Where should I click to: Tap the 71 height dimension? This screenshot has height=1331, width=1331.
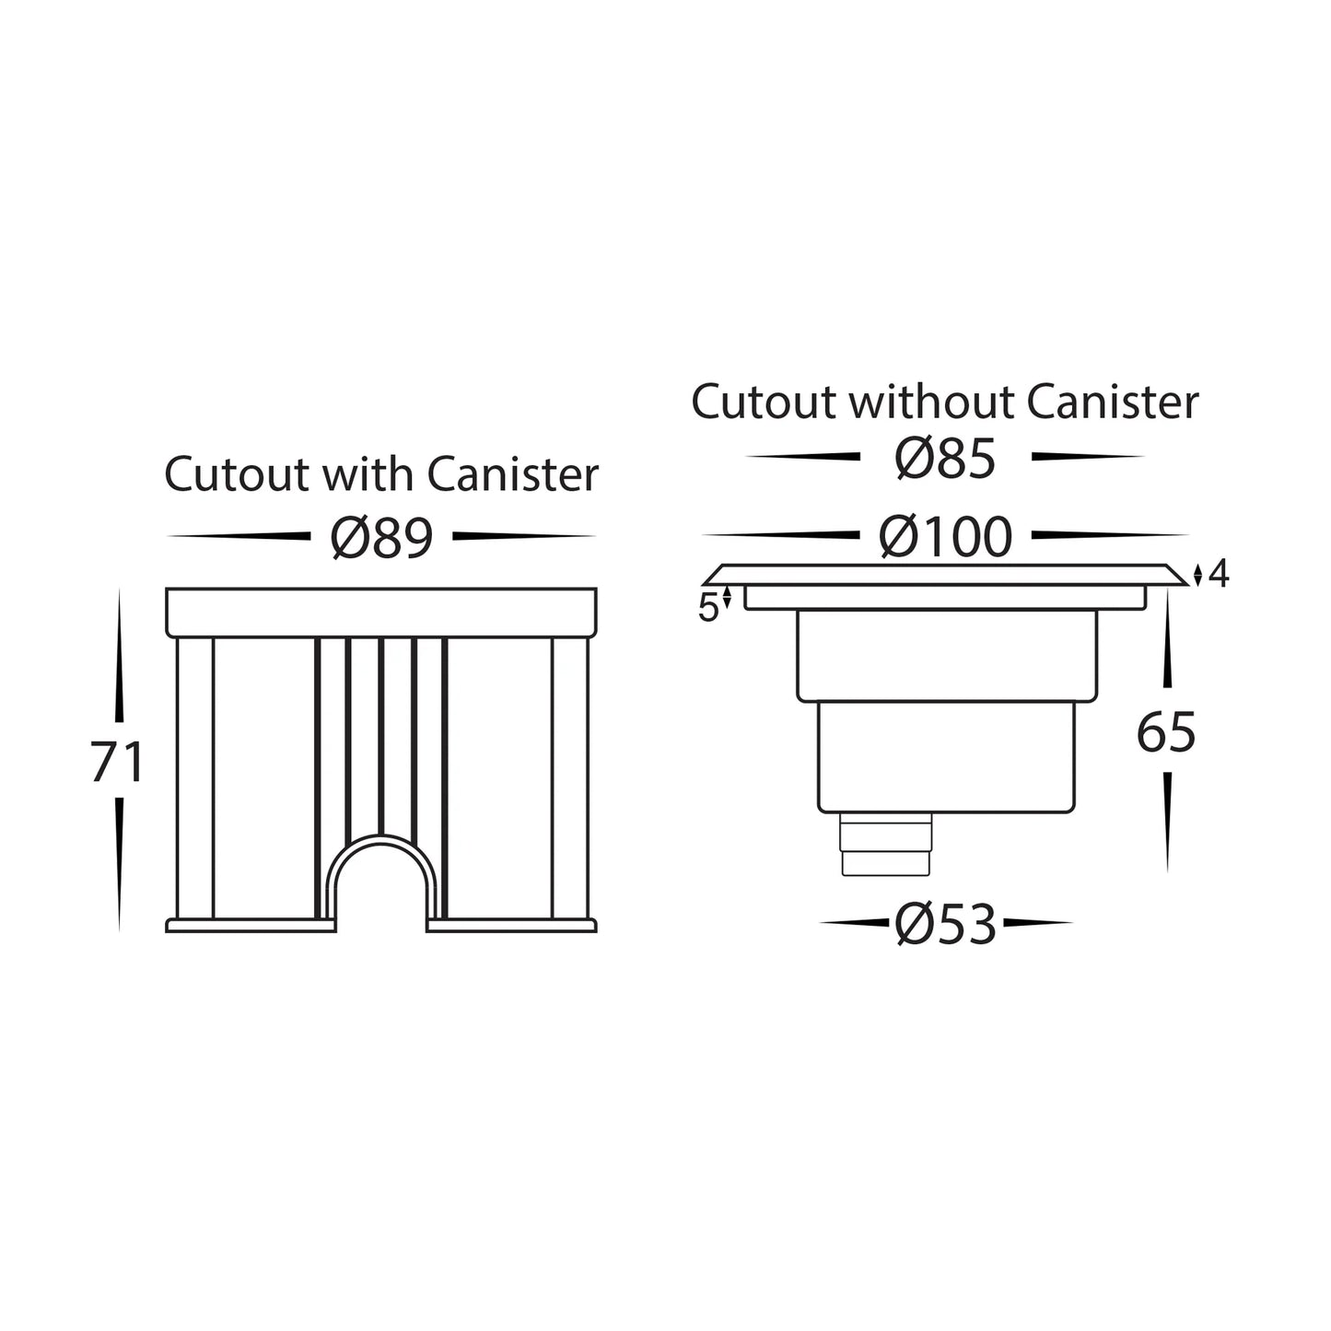tap(117, 761)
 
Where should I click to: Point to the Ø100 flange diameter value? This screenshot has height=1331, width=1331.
tap(946, 536)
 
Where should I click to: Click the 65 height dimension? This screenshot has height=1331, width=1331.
tap(1167, 732)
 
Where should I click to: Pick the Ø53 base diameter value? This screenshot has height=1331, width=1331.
tap(946, 924)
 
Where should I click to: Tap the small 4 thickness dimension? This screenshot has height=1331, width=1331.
tap(1220, 574)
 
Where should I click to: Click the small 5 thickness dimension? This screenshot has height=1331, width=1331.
tap(708, 608)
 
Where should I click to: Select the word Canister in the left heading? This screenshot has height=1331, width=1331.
tap(512, 474)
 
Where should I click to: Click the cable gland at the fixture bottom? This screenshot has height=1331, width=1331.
tap(886, 844)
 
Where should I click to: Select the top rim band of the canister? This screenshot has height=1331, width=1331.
tap(381, 613)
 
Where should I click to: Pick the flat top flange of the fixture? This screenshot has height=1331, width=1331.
tap(945, 575)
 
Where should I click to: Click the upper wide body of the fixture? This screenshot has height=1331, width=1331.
tap(946, 656)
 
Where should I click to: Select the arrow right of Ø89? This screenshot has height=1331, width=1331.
tap(524, 536)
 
